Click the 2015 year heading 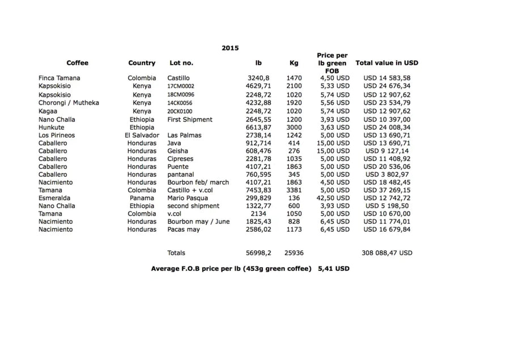click(x=230, y=48)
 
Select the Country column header click(x=142, y=63)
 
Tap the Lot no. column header click(x=181, y=63)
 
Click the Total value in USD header click(x=386, y=63)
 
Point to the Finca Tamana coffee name click(x=59, y=78)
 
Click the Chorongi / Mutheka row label click(x=69, y=103)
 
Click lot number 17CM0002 click(x=181, y=87)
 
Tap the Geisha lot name click(x=178, y=151)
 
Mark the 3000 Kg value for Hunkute click(x=294, y=128)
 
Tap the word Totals click(x=176, y=253)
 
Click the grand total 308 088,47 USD click(x=387, y=253)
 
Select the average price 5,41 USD click(x=334, y=268)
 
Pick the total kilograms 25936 click(x=294, y=253)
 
